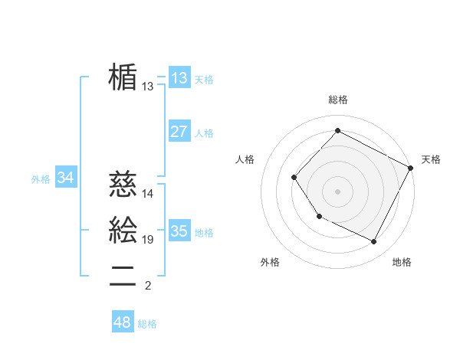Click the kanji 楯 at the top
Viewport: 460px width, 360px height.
123,77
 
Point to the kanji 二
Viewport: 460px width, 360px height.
123,275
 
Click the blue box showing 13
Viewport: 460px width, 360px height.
179,78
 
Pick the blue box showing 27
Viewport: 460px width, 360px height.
179,132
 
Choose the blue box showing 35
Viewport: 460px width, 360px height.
179,231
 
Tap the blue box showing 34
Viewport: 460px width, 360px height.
66,178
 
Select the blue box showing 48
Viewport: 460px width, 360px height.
123,322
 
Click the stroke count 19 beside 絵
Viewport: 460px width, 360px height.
148,240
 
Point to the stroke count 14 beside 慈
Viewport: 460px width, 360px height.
148,195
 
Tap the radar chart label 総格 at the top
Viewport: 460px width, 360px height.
337,100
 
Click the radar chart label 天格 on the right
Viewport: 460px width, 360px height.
431,159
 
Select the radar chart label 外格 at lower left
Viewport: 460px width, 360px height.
270,262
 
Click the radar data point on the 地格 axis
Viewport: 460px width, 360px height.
374,242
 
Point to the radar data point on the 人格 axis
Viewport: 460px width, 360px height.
294,178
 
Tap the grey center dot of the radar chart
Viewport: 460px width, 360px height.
337,191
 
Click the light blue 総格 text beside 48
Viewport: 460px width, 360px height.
147,324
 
